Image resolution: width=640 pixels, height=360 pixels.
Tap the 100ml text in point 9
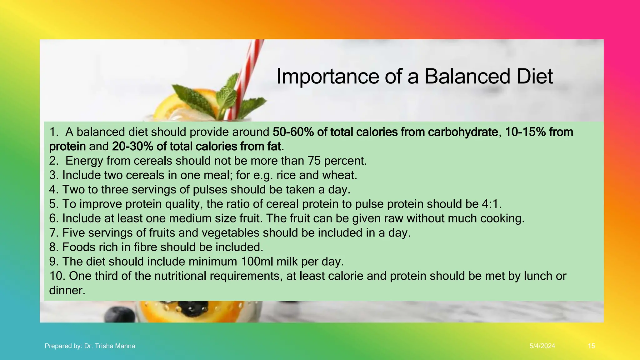coord(257,262)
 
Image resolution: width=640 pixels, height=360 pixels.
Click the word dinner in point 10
coord(67,291)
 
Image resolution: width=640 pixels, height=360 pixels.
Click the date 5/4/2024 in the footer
coord(542,346)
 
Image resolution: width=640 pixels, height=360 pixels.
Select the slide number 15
coord(591,346)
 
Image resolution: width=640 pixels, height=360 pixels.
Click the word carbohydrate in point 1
coord(462,132)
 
